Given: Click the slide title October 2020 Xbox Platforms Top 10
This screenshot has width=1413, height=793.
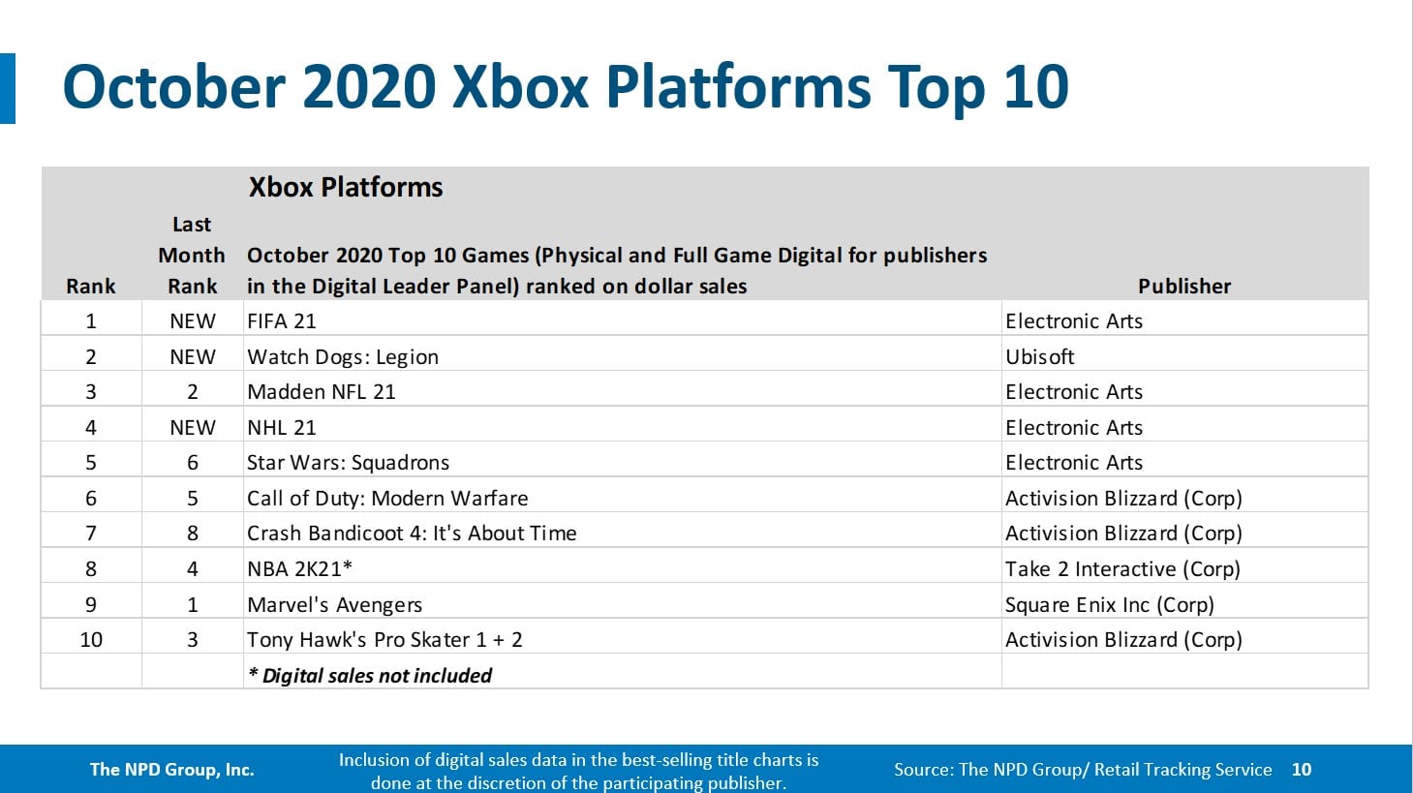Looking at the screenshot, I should [x=566, y=87].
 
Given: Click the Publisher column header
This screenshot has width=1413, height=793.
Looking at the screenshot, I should [x=1183, y=287].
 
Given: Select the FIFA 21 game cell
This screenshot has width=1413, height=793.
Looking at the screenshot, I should [x=282, y=321].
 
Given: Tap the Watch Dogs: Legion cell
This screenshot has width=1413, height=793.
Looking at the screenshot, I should [x=343, y=357].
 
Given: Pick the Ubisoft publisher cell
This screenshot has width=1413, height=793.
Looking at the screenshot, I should [x=1039, y=357].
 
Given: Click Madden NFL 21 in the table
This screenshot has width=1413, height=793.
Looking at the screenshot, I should [x=322, y=392].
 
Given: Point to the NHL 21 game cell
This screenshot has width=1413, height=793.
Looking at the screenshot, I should [x=282, y=428].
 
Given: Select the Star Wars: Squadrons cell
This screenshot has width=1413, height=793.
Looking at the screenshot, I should [x=348, y=463].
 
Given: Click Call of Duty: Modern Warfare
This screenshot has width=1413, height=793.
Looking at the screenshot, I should [x=387, y=499].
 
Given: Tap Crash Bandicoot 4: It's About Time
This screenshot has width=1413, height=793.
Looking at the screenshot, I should [x=412, y=534].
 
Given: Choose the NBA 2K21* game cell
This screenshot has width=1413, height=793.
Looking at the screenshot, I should [x=299, y=569].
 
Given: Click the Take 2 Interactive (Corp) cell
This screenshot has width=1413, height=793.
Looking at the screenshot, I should [x=1122, y=569].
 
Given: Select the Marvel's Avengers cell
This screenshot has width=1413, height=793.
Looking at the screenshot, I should [x=334, y=605].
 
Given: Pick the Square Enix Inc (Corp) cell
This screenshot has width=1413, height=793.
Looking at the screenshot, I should [x=1109, y=605].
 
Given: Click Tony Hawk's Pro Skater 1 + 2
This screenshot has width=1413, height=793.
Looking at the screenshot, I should [x=384, y=640].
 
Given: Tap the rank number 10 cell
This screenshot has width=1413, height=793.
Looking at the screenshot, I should [x=91, y=640].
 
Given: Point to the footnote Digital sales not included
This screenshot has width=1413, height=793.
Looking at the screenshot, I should [x=370, y=676].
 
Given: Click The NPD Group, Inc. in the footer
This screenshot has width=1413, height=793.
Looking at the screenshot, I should [x=171, y=770].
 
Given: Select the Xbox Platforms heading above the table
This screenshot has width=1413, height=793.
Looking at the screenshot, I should [x=346, y=188].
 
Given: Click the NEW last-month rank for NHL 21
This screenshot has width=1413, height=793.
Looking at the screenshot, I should [x=192, y=428].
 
